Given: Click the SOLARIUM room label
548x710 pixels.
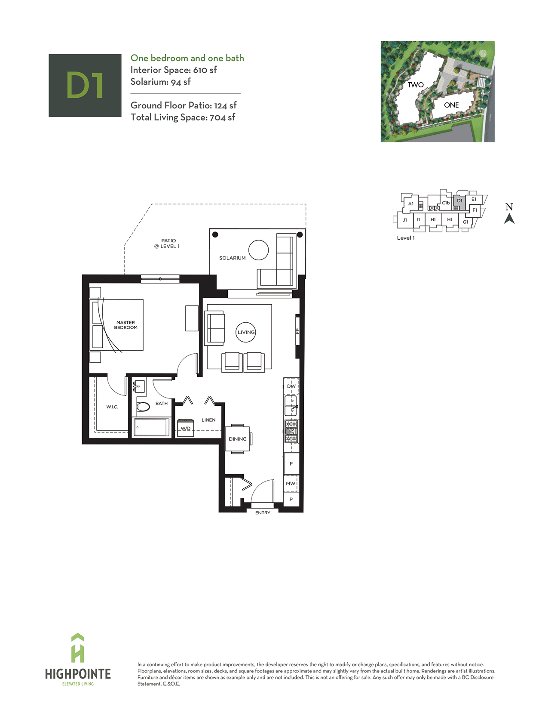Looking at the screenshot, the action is pyautogui.click(x=232, y=258).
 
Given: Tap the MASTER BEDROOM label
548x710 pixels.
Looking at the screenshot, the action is pyautogui.click(x=126, y=325).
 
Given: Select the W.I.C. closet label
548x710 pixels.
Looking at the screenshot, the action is pyautogui.click(x=112, y=407).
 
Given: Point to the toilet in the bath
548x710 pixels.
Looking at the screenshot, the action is pyautogui.click(x=143, y=407).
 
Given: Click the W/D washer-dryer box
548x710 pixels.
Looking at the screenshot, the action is pyautogui.click(x=185, y=428).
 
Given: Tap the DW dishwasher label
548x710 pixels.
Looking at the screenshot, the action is pyautogui.click(x=291, y=386).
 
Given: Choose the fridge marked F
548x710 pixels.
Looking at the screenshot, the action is pyautogui.click(x=291, y=463).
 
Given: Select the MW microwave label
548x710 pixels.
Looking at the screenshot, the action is pyautogui.click(x=291, y=484).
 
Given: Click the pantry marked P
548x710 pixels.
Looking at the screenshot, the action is pyautogui.click(x=291, y=499).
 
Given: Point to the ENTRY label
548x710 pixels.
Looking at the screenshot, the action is pyautogui.click(x=263, y=512).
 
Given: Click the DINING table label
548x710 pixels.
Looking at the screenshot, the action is pyautogui.click(x=238, y=439).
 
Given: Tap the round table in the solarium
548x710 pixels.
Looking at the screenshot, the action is pyautogui.click(x=258, y=250).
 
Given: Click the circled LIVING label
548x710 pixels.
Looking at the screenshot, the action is pyautogui.click(x=246, y=332).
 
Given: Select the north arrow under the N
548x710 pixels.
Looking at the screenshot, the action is pyautogui.click(x=509, y=219).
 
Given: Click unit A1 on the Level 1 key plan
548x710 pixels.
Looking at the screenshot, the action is pyautogui.click(x=411, y=204).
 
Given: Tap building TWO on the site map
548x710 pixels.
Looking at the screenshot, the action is pyautogui.click(x=416, y=85).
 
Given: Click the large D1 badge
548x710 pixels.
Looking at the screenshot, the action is pyautogui.click(x=85, y=85).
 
